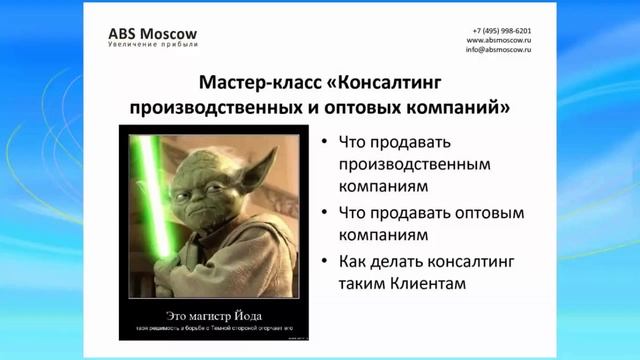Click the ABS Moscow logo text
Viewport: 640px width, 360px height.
coord(153,32)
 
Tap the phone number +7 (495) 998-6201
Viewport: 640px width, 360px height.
coord(502,31)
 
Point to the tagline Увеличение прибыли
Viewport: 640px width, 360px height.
coord(153,46)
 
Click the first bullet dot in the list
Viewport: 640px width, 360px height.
coord(326,141)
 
